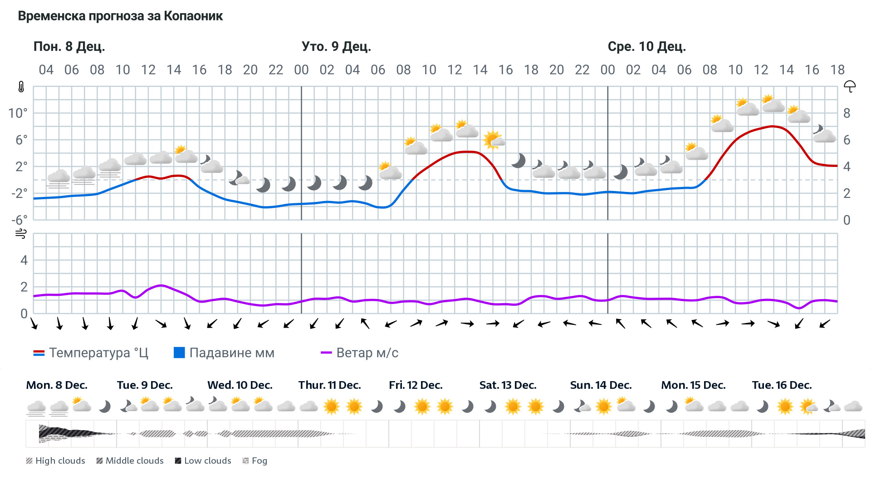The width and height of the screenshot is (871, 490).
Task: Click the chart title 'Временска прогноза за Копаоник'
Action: tap(120, 16)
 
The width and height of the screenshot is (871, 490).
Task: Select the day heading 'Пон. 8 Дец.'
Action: tap(69, 47)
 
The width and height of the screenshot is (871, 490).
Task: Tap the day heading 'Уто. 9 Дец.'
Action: tap(336, 47)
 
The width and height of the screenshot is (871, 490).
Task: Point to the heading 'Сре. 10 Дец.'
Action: tap(646, 47)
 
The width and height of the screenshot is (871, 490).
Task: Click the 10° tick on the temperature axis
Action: tap(18, 113)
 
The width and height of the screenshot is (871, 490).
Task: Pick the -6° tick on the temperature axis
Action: tap(20, 220)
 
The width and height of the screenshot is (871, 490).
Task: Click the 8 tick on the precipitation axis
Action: tap(847, 113)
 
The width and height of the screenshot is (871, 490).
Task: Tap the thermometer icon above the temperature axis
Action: tap(21, 87)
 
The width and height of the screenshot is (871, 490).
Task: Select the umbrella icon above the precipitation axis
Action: tap(850, 86)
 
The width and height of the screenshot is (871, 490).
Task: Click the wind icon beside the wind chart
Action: tap(21, 234)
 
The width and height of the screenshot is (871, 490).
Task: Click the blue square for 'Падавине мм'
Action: tap(179, 353)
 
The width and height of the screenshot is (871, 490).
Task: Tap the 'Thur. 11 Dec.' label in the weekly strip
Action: tap(329, 385)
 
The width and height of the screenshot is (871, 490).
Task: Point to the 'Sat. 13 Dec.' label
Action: tap(508, 385)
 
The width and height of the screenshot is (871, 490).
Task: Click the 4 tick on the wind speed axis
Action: tap(24, 260)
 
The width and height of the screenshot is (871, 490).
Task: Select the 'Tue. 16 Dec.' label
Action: tap(782, 385)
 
